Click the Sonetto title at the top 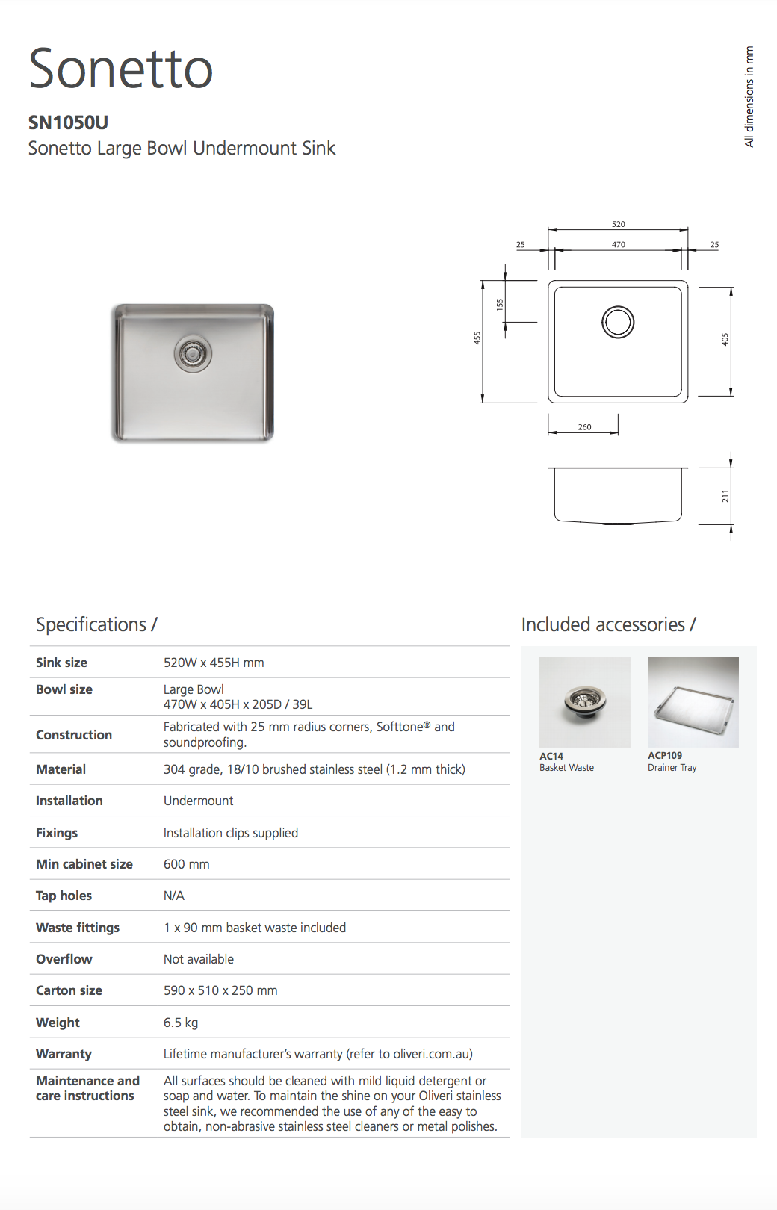(x=121, y=69)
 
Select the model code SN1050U (x=68, y=122)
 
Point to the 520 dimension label (x=618, y=224)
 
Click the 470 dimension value (x=618, y=244)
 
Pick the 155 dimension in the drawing (x=500, y=304)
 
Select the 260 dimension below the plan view (x=584, y=427)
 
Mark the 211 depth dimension (x=725, y=496)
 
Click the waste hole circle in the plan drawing (x=618, y=322)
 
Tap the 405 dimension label (x=725, y=339)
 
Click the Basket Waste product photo (x=584, y=701)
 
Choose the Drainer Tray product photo (x=693, y=701)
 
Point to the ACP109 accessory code (x=665, y=755)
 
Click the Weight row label (x=58, y=1023)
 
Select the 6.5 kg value (x=181, y=1023)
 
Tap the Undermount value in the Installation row (x=198, y=801)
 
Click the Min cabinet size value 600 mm (x=186, y=864)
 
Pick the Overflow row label (x=64, y=959)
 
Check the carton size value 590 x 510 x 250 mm (x=220, y=990)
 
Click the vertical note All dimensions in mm (x=749, y=97)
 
